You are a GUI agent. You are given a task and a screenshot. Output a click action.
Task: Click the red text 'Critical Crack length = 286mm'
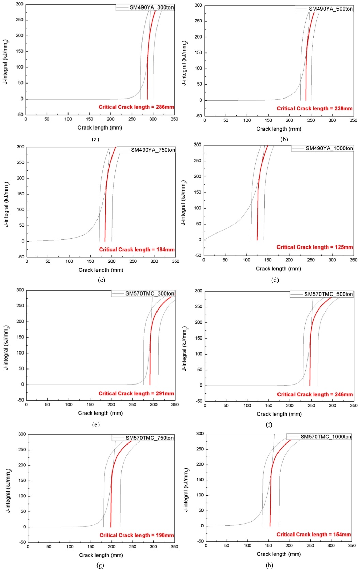(136, 107)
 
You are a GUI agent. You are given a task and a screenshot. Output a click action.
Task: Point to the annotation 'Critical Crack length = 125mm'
(315, 247)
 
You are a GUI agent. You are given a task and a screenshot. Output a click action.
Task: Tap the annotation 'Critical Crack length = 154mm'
(314, 535)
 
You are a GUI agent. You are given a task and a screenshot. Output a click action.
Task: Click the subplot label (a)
(96, 139)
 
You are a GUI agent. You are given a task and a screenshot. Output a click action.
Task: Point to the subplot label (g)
(100, 565)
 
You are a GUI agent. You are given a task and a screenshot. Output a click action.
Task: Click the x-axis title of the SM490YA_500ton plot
(279, 129)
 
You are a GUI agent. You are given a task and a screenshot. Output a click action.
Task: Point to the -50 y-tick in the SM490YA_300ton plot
(20, 115)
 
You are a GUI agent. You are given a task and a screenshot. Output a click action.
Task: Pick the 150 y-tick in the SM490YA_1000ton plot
(198, 192)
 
